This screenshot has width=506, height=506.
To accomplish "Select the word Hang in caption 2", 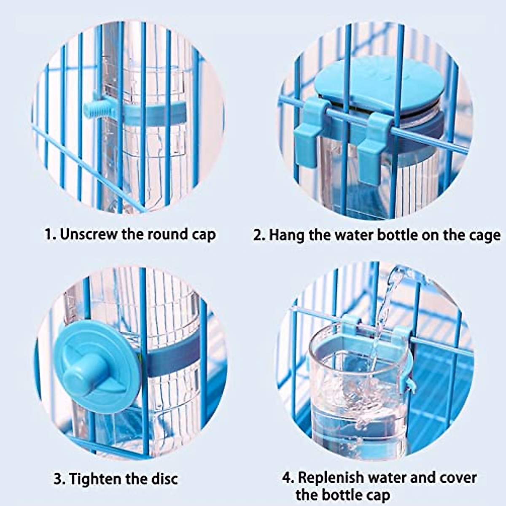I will (287, 235).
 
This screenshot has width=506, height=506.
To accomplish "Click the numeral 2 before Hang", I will (257, 235).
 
